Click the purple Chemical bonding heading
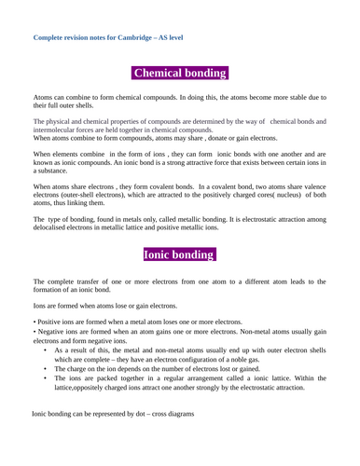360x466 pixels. coord(180,74)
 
